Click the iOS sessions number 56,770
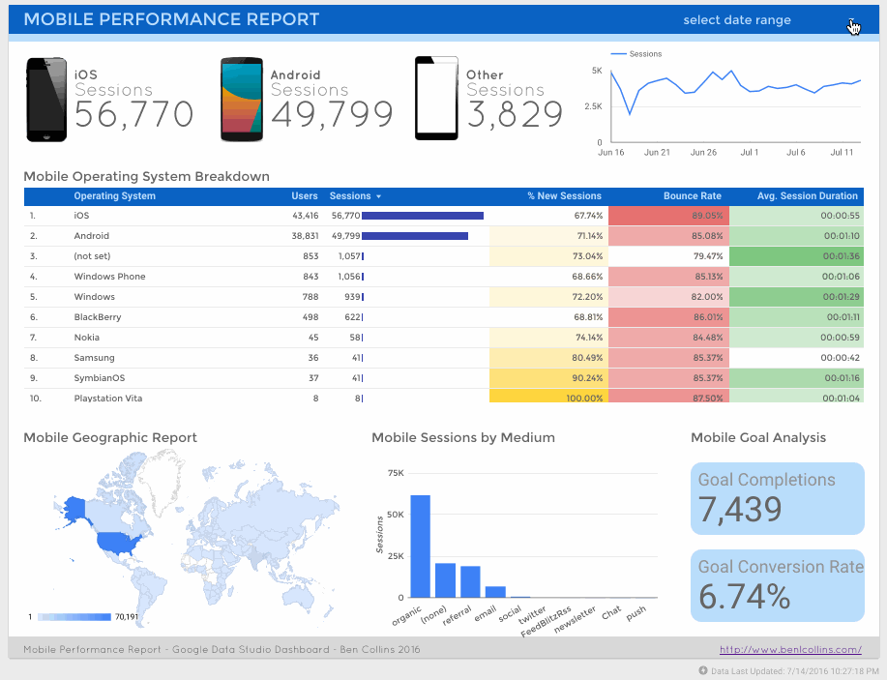click(x=133, y=115)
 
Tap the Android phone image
click(x=241, y=100)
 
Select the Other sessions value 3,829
click(x=515, y=115)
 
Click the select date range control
click(x=737, y=20)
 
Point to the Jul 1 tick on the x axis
click(x=749, y=153)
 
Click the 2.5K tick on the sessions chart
click(x=592, y=105)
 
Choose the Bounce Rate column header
click(x=692, y=196)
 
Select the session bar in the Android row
click(x=414, y=236)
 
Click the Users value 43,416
click(x=304, y=216)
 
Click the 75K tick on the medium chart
click(x=395, y=473)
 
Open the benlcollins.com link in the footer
click(x=790, y=650)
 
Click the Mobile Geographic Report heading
click(x=110, y=438)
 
